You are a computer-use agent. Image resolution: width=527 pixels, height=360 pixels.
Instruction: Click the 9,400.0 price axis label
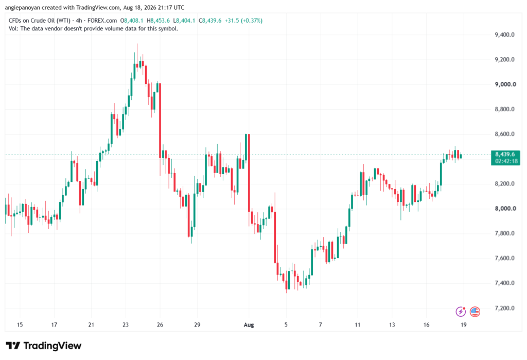point(504,35)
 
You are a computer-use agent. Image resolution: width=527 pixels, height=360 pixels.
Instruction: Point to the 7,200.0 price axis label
point(504,308)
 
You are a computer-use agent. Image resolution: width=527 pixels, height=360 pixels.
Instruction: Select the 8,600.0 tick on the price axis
point(504,134)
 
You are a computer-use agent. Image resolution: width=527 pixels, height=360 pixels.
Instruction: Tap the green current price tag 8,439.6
point(505,154)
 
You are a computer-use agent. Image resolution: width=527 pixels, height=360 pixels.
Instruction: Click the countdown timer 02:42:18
point(506,161)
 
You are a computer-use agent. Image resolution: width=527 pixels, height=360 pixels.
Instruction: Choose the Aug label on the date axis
point(249,324)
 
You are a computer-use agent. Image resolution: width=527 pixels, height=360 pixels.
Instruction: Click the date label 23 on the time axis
point(126,324)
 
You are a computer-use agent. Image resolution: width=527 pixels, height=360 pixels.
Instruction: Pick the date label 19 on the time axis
point(464,324)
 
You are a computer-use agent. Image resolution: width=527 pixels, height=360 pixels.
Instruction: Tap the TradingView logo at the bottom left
point(44,346)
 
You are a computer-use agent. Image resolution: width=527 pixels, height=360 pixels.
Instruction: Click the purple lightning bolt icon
point(461,312)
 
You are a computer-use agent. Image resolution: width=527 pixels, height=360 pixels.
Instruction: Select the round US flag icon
point(475,312)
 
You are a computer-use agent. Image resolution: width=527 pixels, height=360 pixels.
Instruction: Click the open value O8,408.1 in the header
point(132,21)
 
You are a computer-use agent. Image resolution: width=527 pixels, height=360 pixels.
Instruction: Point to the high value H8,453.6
point(159,21)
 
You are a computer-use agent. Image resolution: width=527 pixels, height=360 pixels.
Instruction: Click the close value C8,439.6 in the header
point(210,21)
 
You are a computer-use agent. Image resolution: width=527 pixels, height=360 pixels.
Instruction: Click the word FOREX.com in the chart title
point(102,21)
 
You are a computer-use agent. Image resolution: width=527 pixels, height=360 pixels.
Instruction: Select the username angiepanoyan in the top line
point(22,7)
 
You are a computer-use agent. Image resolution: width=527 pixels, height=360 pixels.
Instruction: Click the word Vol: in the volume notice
point(13,29)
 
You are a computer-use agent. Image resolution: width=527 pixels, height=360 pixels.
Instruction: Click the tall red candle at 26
point(160,121)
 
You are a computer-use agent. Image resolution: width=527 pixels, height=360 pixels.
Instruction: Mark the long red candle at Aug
point(249,173)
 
